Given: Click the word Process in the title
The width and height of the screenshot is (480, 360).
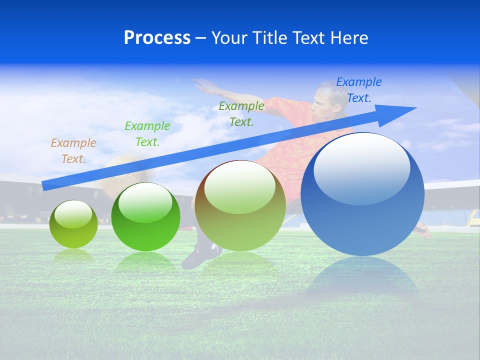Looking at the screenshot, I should pyautogui.click(x=157, y=38).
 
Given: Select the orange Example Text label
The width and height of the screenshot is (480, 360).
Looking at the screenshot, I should pyautogui.click(x=73, y=151).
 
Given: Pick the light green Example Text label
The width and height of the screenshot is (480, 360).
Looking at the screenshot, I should pyautogui.click(x=147, y=134).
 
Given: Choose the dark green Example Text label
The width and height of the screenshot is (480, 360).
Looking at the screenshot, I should pyautogui.click(x=241, y=114).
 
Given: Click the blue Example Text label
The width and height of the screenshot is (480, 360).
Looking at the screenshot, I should pyautogui.click(x=358, y=90).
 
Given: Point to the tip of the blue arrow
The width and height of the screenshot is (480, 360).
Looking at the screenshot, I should pyautogui.click(x=415, y=108).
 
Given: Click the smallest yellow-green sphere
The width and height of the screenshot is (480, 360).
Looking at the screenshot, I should pyautogui.click(x=73, y=224).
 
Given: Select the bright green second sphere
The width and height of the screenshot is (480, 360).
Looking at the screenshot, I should pyautogui.click(x=145, y=217).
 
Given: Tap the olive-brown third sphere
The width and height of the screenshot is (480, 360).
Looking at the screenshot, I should pyautogui.click(x=240, y=206).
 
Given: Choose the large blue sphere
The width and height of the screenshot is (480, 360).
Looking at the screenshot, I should pyautogui.click(x=362, y=220).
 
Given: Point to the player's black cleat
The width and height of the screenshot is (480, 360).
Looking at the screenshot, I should pyautogui.click(x=197, y=255).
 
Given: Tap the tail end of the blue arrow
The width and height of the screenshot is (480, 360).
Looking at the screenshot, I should pyautogui.click(x=45, y=185).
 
